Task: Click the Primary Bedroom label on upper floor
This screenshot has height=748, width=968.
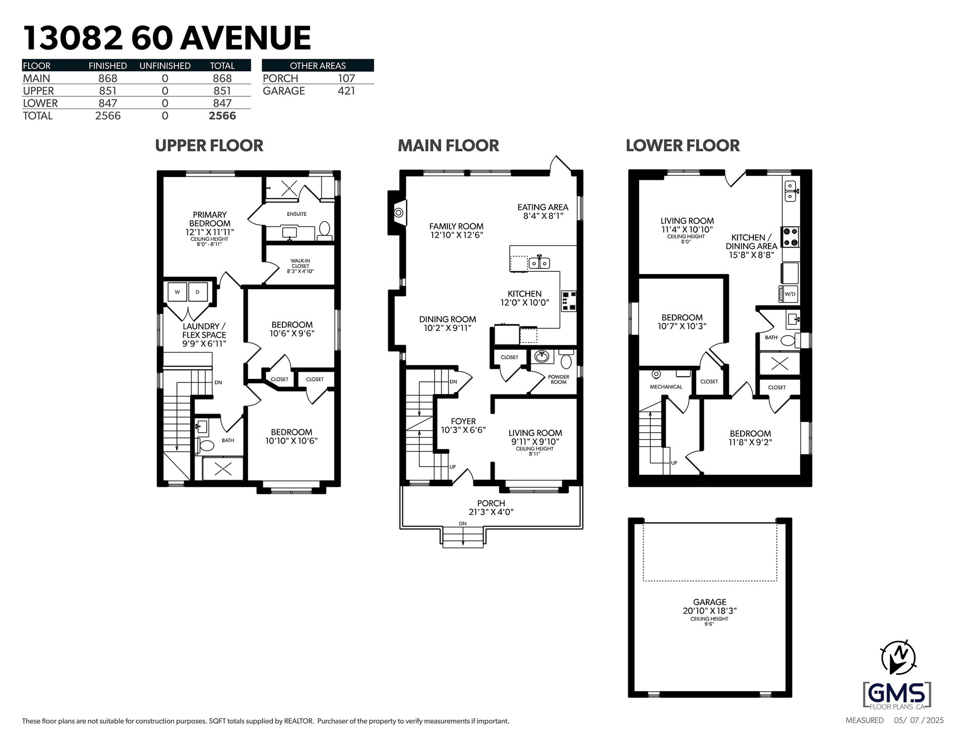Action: [x=209, y=219]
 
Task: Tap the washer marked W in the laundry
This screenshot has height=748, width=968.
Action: [x=177, y=292]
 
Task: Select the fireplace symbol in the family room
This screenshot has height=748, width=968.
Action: [x=398, y=212]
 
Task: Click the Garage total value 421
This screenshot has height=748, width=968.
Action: [x=347, y=91]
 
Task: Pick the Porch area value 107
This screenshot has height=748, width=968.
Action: [x=347, y=78]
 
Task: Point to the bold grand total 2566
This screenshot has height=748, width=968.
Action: [x=222, y=116]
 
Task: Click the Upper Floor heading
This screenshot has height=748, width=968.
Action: [x=209, y=145]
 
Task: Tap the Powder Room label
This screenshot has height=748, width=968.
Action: [x=559, y=379]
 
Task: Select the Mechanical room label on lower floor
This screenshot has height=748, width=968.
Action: [x=666, y=387]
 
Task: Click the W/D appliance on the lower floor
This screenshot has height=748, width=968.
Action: [x=789, y=294]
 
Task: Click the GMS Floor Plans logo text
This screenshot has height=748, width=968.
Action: [x=896, y=694]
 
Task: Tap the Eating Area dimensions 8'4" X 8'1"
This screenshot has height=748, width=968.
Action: [x=542, y=216]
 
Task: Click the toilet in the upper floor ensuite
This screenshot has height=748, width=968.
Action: [x=325, y=231]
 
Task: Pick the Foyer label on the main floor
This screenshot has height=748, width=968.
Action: [x=463, y=421]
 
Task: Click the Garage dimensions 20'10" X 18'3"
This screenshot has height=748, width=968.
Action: [x=710, y=610]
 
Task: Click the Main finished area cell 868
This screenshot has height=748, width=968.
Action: [x=108, y=78]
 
